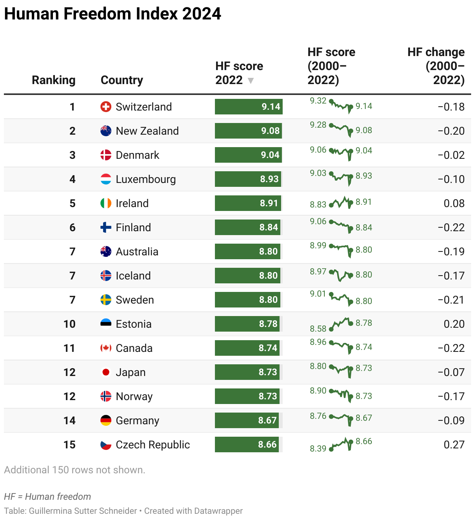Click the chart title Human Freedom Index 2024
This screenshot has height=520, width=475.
113,14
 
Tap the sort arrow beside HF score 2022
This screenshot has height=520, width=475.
251,81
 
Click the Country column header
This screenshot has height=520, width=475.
122,80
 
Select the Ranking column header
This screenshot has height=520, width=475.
54,80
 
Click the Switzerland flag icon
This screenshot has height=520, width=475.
106,107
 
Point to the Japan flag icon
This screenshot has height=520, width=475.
106,372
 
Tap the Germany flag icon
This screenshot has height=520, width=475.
106,420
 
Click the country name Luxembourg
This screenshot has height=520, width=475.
146,179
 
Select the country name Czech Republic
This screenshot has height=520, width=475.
153,445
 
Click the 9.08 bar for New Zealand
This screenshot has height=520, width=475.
248,131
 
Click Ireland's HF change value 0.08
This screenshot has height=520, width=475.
454,204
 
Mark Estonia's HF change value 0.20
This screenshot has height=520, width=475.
454,324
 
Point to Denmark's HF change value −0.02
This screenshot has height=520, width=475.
451,155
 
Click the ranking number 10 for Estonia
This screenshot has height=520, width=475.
69,324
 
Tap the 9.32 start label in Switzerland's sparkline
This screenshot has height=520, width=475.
318,101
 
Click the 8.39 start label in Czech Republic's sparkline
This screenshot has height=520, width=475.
318,449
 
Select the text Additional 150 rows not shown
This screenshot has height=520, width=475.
75,470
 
